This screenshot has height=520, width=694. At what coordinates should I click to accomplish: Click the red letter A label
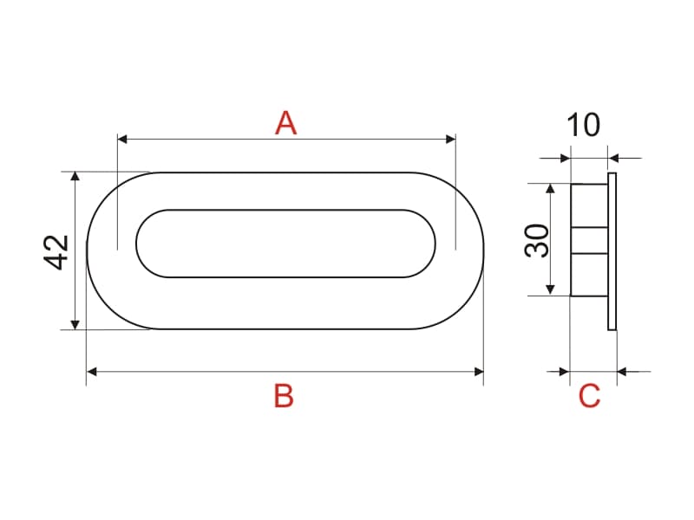(285, 123)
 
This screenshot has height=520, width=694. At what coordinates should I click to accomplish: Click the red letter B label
(284, 396)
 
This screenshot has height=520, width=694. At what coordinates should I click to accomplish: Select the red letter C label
(590, 396)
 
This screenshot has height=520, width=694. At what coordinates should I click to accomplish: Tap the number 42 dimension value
(56, 252)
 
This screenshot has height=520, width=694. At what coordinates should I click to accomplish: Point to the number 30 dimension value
(536, 241)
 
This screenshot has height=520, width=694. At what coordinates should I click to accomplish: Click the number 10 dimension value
(583, 125)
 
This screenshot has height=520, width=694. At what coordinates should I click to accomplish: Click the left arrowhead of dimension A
(122, 140)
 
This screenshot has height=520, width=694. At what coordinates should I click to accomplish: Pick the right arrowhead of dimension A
(450, 140)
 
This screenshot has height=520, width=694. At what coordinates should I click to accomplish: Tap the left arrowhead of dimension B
(92, 372)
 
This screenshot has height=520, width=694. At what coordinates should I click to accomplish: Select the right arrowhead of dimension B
(479, 372)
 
